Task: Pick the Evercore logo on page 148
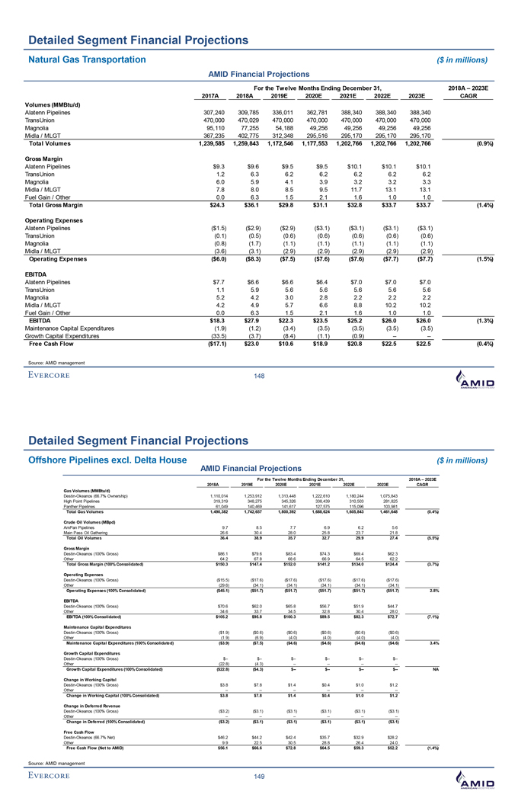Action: (x=60, y=374)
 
